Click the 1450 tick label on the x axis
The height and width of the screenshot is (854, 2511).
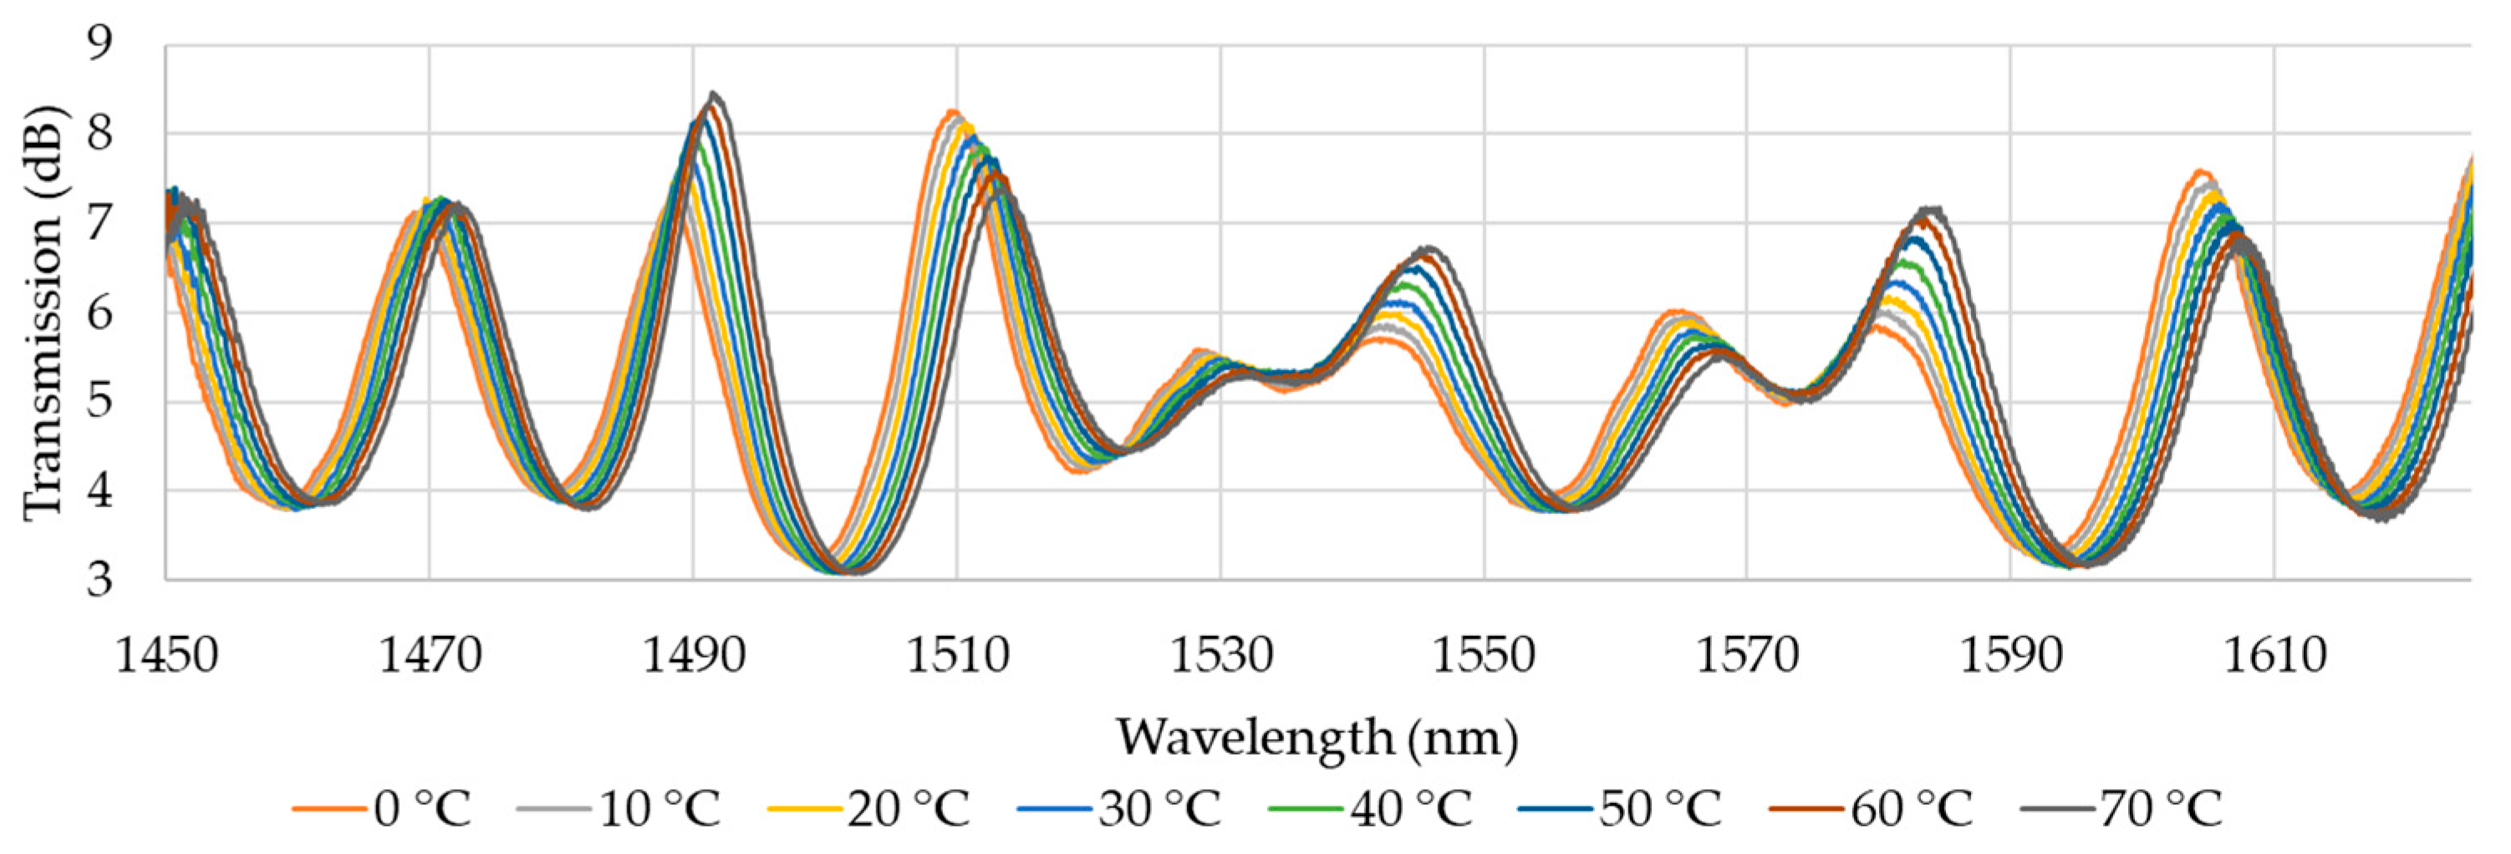[166, 656]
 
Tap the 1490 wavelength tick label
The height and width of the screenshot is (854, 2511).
[693, 656]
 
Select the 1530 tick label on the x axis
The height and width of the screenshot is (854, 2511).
[1220, 656]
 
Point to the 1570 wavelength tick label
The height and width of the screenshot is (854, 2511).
[1747, 656]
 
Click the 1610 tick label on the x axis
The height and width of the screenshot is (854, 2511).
[2274, 656]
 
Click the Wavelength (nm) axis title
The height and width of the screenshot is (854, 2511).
[1317, 737]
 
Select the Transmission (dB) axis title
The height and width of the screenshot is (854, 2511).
[43, 313]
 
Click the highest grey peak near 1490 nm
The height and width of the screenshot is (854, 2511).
[714, 94]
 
